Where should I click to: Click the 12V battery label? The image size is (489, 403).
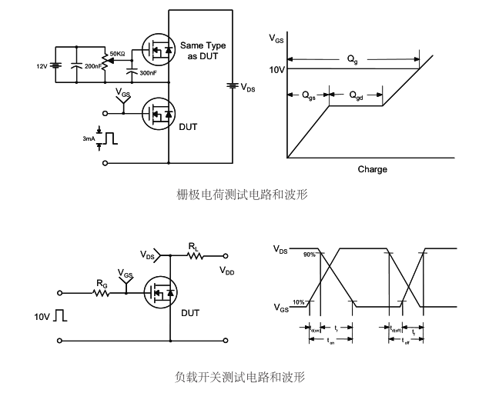point(42,67)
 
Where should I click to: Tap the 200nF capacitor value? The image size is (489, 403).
point(93,67)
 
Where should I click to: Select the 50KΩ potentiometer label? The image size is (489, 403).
point(119,53)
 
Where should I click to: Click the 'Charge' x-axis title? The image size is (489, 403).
point(373,169)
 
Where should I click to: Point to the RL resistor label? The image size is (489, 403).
point(194,246)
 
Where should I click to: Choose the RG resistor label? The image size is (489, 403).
point(101,283)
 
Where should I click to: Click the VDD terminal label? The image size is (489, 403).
point(228,271)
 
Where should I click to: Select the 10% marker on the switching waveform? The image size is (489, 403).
point(298,302)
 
